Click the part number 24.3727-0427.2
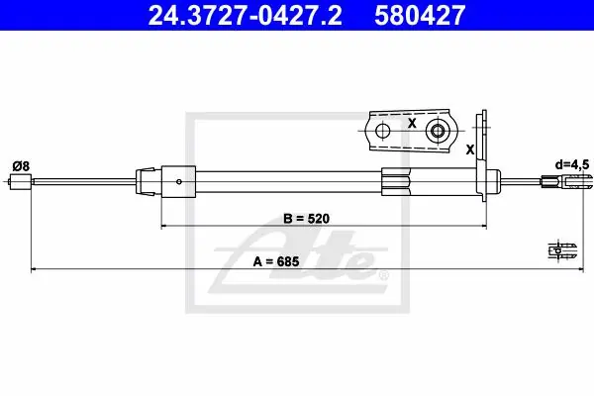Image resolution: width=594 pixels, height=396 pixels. tap(245, 15)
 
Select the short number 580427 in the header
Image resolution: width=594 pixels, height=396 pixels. tap(420, 15)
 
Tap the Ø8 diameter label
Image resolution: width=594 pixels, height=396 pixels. tap(21, 166)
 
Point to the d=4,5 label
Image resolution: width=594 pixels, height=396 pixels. tap(572, 164)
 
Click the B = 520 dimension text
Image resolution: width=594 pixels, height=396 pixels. tap(307, 219)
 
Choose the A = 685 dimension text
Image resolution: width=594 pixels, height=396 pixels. tap(276, 261)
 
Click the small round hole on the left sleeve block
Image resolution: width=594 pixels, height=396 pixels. tap(179, 182)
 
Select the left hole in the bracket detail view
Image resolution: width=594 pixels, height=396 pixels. tap(382, 131)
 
